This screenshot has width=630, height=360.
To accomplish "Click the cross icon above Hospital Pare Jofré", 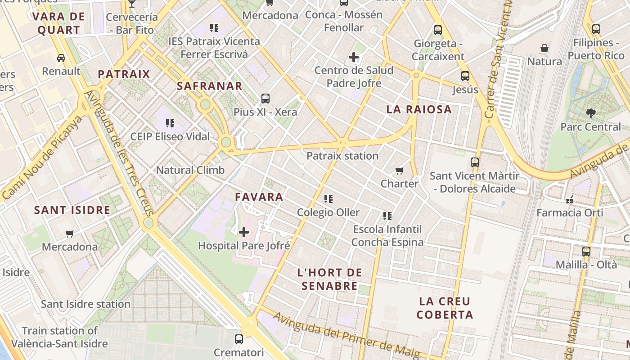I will click(x=244, y=232).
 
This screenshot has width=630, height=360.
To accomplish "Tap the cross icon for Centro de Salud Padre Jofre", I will click(x=354, y=57).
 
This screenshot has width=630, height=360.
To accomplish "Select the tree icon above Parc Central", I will click(x=590, y=113).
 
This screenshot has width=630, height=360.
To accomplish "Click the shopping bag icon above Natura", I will click(x=544, y=48).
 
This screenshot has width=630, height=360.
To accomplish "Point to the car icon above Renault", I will click(x=61, y=58).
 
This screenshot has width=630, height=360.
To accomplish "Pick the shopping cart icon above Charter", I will click(x=399, y=171).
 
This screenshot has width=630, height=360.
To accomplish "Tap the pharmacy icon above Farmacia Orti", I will click(x=570, y=198).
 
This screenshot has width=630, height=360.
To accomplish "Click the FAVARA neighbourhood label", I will click(x=259, y=197).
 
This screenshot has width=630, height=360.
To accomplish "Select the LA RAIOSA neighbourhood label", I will click(x=419, y=109).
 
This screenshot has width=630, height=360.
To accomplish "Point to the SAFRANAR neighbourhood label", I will click(x=210, y=86).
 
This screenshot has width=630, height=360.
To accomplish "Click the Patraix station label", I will click(x=342, y=156).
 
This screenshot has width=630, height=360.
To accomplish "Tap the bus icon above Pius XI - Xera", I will click(x=265, y=98).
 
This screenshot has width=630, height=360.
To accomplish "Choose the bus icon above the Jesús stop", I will click(x=465, y=76).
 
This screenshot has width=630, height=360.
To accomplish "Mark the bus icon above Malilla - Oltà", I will click(x=586, y=251).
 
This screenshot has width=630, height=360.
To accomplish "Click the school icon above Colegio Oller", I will click(x=328, y=198).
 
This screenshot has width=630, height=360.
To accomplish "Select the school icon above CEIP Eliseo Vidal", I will click(x=170, y=123).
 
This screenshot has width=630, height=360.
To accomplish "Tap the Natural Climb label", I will click(x=190, y=171).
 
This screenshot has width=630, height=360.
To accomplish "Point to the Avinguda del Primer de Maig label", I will click(x=346, y=335).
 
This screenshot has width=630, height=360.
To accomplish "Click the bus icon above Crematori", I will click(x=239, y=339).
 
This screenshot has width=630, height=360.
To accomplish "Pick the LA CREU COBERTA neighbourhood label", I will click(x=445, y=308).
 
